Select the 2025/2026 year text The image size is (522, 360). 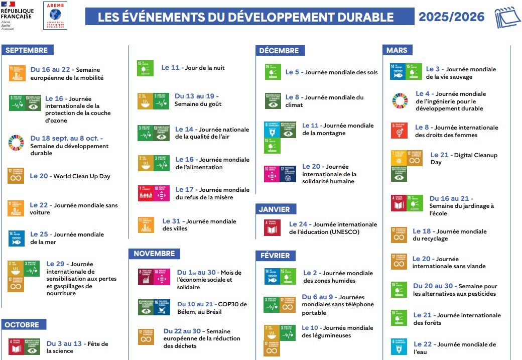(x=452, y=17)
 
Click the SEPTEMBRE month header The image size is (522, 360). (x=27, y=50)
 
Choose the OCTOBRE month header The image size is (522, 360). (x=22, y=325)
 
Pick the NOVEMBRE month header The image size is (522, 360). (x=154, y=254)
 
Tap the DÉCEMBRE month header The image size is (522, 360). (x=279, y=51)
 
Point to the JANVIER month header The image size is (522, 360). (x=275, y=209)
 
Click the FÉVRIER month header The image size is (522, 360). (x=275, y=256)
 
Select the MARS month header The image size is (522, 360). (x=397, y=50)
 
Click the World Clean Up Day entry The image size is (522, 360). (x=70, y=176)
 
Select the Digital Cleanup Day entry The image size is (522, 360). (x=457, y=159)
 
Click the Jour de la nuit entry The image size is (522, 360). (x=193, y=68)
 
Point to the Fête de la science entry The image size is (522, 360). (x=77, y=347)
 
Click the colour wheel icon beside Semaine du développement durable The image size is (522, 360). (x=16, y=143)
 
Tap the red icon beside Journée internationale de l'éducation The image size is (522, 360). (x=273, y=227)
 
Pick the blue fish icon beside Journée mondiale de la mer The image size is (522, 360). (x=16, y=238)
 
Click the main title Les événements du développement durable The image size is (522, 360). (x=245, y=17)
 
